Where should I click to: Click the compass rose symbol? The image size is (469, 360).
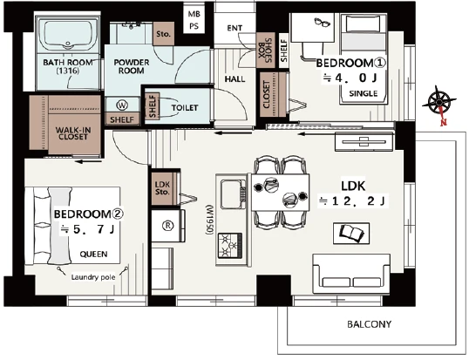438,103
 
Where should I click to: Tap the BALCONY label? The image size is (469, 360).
369,324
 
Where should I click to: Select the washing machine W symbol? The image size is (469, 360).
122,105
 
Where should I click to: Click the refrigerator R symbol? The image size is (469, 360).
167,226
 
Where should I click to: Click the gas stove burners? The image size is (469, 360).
230,246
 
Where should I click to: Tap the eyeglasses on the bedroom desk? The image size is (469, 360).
323,22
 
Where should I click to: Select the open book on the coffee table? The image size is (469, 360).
351,233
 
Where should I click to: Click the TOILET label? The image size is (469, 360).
185,107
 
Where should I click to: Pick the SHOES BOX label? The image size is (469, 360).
265,51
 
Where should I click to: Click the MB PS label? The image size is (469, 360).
194,20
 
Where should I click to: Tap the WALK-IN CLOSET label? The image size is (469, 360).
73,133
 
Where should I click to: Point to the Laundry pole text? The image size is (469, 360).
93,277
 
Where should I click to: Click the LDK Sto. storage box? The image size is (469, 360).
163,188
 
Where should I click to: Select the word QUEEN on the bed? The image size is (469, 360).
93,255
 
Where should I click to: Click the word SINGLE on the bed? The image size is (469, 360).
364,93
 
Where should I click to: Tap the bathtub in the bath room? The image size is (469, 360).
68,35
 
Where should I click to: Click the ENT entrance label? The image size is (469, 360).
234,28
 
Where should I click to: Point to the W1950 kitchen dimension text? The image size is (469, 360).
209,220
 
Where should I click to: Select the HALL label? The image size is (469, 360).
234,79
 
